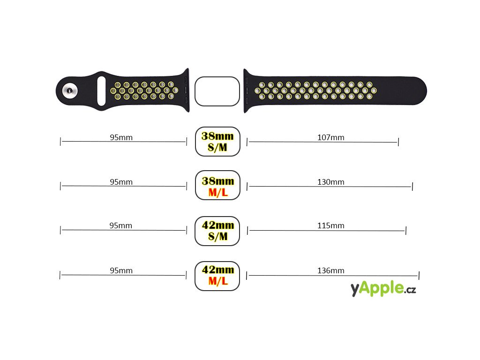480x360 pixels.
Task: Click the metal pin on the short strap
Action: [70, 91]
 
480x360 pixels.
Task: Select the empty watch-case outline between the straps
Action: [217, 91]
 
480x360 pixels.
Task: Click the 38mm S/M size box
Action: [217, 142]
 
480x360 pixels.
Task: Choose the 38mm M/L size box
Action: [217, 186]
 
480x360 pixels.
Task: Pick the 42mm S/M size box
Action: [217, 231]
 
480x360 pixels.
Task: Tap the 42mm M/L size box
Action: [217, 276]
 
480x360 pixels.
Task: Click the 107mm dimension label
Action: [330, 137]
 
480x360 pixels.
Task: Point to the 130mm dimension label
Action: [330, 182]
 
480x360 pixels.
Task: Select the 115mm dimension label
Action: [330, 225]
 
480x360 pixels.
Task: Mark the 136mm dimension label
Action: [330, 270]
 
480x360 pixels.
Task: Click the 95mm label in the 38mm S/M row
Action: [121, 137]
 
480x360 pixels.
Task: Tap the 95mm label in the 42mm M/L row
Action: [121, 270]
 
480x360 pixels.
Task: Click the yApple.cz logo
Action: [383, 289]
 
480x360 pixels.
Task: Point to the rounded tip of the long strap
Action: [420, 91]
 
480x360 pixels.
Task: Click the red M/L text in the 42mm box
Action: [217, 281]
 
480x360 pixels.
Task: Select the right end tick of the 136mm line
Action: [419, 275]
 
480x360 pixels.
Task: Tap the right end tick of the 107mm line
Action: [398, 142]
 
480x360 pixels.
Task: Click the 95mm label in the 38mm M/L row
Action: [121, 182]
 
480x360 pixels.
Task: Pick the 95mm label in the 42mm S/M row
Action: [121, 225]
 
